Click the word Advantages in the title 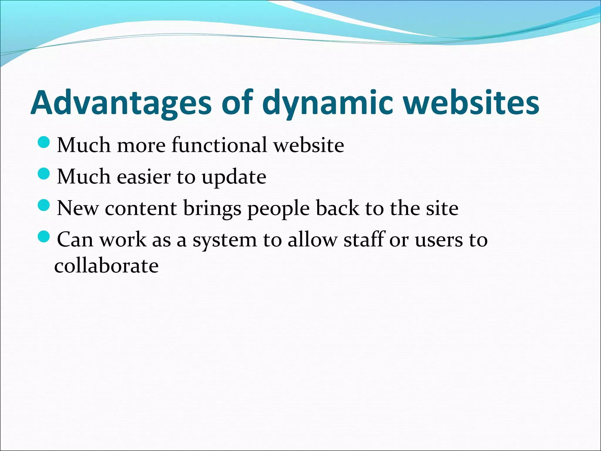click(x=121, y=103)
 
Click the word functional click(x=219, y=145)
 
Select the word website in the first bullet click(x=309, y=145)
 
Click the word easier click(x=144, y=177)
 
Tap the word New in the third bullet click(x=78, y=208)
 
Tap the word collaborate click(x=107, y=265)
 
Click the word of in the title click(x=237, y=103)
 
